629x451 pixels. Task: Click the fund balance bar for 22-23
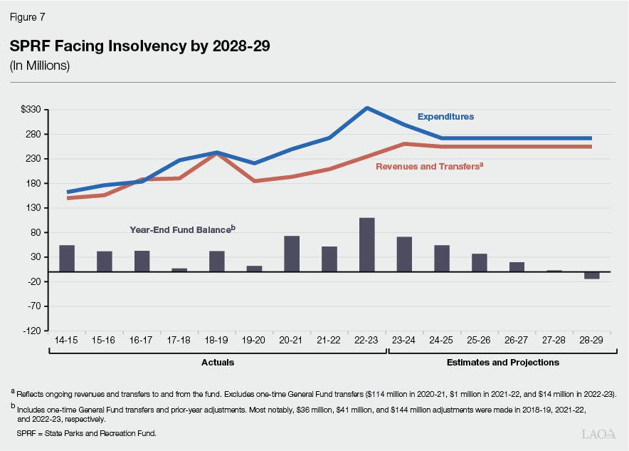[x=366, y=244]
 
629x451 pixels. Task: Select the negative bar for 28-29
[x=591, y=275]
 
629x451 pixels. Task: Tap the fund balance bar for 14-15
[x=67, y=258]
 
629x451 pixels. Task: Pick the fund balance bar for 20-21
[x=292, y=254]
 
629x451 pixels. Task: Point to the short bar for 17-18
[x=179, y=270]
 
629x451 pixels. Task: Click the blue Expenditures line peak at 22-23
[x=366, y=108]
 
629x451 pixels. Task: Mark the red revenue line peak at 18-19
[x=216, y=154]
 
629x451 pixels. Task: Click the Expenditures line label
[x=445, y=116]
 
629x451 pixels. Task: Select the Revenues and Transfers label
[x=429, y=165]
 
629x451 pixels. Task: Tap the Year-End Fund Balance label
[x=182, y=229]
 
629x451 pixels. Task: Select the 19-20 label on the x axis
[x=254, y=341]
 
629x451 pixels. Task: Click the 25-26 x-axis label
[x=479, y=341]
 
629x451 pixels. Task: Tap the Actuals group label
[x=216, y=362]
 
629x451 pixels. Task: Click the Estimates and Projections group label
[x=502, y=362]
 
